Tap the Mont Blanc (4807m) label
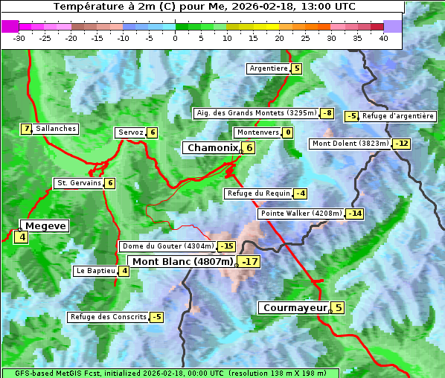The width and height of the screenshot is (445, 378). click(182, 262)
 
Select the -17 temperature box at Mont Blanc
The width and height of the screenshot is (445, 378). click(249, 262)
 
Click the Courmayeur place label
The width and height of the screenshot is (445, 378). click(295, 307)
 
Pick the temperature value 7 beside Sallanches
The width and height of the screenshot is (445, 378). click(27, 129)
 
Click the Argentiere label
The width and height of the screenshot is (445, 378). click(269, 68)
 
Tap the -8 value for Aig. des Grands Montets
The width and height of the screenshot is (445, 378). click(327, 113)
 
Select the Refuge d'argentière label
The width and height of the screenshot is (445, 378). click(397, 116)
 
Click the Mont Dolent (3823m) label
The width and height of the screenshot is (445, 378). click(350, 144)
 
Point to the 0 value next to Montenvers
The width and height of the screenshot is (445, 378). click(287, 132)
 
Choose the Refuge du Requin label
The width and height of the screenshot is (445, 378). click(258, 193)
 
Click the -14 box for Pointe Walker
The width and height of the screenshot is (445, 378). click(355, 214)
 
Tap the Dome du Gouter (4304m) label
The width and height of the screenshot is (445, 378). click(167, 246)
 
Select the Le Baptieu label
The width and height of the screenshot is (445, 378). click(95, 271)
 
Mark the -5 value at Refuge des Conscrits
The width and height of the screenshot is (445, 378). click(156, 317)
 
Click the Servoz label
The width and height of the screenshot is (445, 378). click(130, 132)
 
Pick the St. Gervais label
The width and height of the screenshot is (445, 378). click(78, 183)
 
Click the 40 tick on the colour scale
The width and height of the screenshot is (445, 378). click(383, 37)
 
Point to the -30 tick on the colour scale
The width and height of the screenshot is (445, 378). click(19, 37)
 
